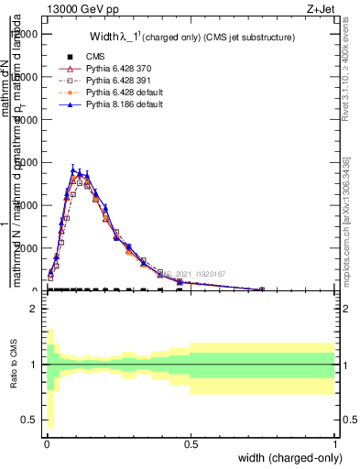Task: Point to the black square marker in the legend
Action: [x=57, y=57]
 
